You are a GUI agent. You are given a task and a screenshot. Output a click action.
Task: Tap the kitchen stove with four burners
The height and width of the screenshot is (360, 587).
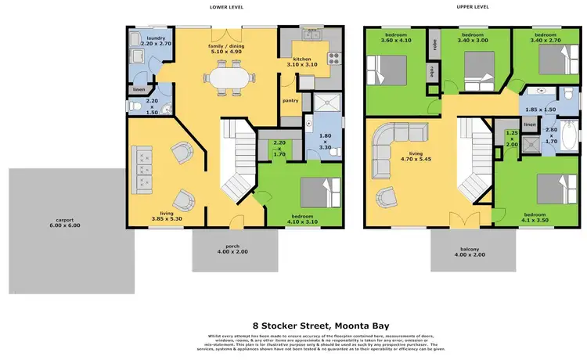tap(333, 57)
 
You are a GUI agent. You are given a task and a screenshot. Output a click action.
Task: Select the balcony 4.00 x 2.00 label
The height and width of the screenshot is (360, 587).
tap(472, 254)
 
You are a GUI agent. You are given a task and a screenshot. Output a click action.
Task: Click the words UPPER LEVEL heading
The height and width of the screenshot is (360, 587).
tap(473, 7)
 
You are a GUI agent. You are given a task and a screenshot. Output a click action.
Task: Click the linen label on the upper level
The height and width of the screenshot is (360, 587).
tap(529, 124)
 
